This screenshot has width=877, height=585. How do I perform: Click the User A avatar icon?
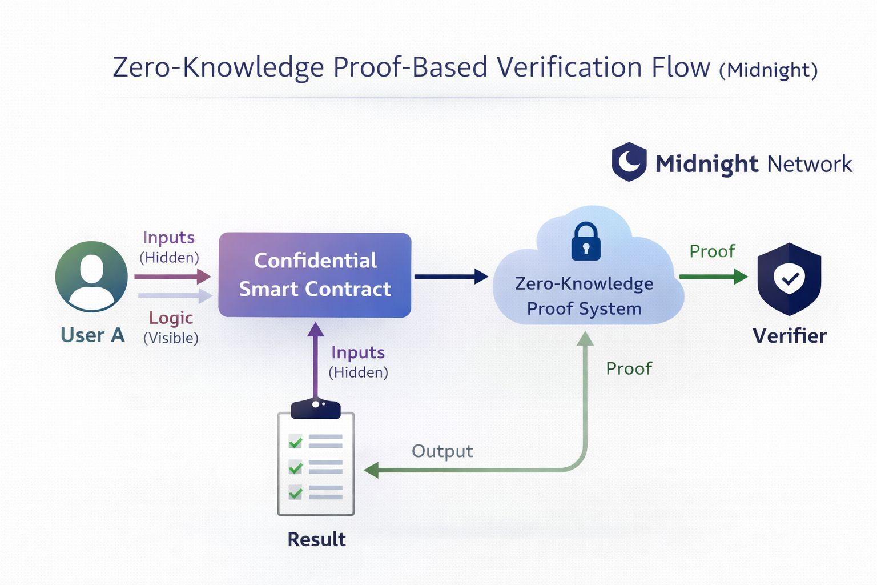[91, 277]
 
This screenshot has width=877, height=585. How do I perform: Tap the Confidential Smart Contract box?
[315, 275]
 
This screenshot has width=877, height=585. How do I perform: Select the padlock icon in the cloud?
[586, 241]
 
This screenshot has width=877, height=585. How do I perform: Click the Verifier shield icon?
[789, 278]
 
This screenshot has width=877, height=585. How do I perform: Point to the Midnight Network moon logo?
[629, 162]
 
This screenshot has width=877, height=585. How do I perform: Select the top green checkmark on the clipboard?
[295, 442]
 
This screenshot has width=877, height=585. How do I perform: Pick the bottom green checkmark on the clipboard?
[295, 492]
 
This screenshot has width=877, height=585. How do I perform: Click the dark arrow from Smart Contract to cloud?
[450, 277]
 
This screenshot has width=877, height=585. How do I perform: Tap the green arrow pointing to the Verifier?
[713, 277]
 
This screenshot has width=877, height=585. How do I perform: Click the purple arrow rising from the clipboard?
[315, 360]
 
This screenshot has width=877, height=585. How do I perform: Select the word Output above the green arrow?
[442, 451]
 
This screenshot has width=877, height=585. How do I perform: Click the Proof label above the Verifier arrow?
[712, 251]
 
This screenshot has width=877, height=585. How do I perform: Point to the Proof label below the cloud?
[629, 368]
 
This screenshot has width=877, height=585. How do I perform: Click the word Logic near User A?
[171, 318]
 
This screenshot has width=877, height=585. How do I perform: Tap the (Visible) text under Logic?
[171, 338]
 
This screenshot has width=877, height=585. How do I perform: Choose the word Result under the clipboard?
[316, 539]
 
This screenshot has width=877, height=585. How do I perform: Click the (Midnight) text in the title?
[769, 70]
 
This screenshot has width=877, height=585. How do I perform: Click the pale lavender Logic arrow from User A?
[175, 296]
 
